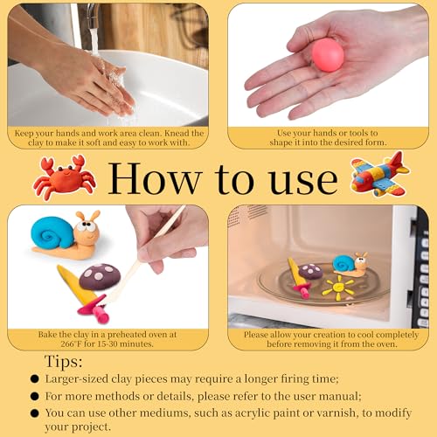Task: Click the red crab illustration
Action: pos(65,177)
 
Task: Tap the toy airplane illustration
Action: pos(380,174)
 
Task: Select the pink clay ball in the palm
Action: pos(328,55)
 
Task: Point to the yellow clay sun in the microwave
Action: pos(338,288)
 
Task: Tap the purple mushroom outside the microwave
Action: pos(100,276)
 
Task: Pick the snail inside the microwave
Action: pos(350,265)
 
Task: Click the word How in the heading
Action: pos(155,178)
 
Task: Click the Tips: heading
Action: pos(64,362)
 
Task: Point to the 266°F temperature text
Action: pos(71,344)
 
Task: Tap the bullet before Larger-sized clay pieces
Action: pos(35,378)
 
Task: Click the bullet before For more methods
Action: pos(35,396)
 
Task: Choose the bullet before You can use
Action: pos(35,413)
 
